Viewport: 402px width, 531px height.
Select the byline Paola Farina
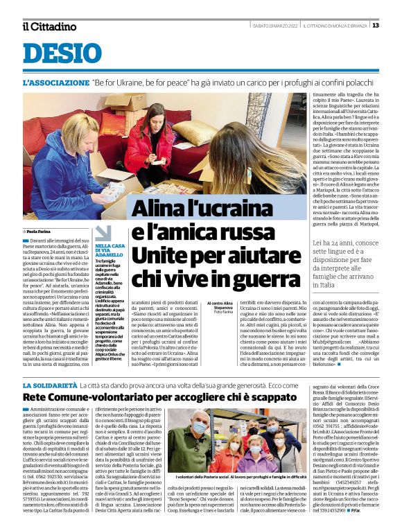pyautogui.click(x=43, y=232)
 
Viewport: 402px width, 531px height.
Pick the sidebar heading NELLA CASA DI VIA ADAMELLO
pyautogui.click(x=110, y=250)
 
